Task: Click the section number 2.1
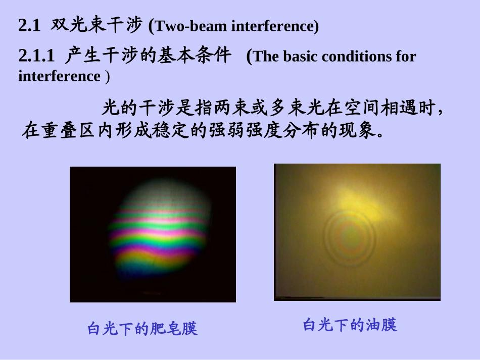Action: pyautogui.click(x=29, y=26)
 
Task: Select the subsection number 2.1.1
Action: pyautogui.click(x=36, y=57)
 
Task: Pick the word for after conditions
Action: pyautogui.click(x=406, y=57)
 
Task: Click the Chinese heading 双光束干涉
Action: pyautogui.click(x=96, y=25)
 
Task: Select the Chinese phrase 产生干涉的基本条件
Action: pyautogui.click(x=148, y=56)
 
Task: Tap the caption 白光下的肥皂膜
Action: pyautogui.click(x=142, y=329)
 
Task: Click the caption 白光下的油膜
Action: pyautogui.click(x=350, y=325)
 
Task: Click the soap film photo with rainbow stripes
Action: pyautogui.click(x=153, y=234)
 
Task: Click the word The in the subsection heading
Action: pyautogui.click(x=264, y=57)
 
